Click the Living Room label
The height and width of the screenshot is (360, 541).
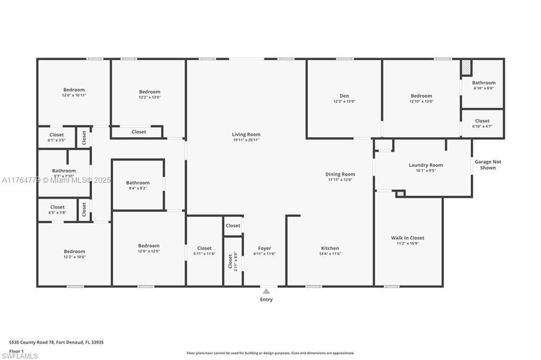tap(246, 135)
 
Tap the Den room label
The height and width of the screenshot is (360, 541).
tap(344, 96)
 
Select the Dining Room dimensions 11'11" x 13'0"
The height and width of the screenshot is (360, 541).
tap(340, 179)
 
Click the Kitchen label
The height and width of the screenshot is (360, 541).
tap(330, 248)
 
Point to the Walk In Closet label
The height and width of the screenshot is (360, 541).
tap(407, 238)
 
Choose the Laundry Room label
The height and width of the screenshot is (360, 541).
tap(425, 165)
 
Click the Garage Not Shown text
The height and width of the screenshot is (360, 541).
tap(488, 165)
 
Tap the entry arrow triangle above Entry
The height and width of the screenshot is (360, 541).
tap(266, 291)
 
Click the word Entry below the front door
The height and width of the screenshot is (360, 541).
tap(266, 300)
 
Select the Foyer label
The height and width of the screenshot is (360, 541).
tap(264, 248)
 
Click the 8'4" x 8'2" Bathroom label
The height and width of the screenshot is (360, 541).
tap(138, 183)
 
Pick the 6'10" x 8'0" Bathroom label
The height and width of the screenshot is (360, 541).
tap(483, 83)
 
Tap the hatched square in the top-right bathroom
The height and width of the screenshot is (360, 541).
tap(466, 68)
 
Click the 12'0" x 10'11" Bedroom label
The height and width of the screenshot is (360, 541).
tap(74, 90)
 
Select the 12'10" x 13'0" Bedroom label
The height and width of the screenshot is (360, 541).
tap(421, 96)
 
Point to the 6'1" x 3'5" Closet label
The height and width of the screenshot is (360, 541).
tap(57, 135)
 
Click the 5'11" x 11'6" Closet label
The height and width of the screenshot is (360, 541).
tap(204, 248)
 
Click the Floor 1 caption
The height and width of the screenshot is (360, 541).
tap(17, 350)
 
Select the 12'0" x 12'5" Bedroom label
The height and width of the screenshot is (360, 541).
tap(148, 245)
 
